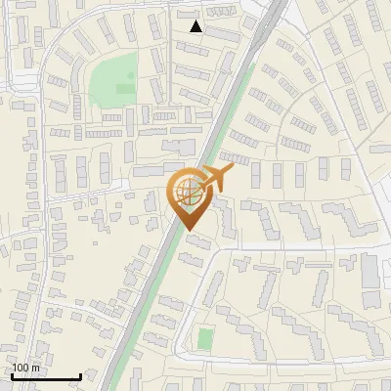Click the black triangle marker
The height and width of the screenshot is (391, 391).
point(196,26)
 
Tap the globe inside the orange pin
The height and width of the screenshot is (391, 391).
point(189,190)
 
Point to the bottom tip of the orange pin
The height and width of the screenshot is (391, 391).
point(189,231)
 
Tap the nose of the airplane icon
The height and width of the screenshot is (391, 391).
point(233,170)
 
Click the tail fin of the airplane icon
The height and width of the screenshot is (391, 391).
point(198,180)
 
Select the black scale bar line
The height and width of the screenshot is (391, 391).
point(45,377)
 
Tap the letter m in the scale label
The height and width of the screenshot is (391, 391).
point(36,369)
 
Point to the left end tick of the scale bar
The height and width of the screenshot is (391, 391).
point(11,375)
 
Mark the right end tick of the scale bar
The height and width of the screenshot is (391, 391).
point(80,375)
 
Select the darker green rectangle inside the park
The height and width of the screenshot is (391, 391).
point(124,88)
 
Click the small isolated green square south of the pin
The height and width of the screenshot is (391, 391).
point(204,339)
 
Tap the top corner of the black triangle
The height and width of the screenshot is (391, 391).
point(196,21)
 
